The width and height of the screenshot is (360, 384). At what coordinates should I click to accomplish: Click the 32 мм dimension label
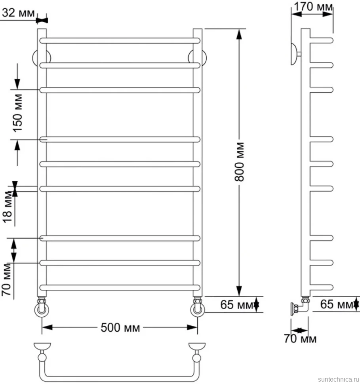(18, 13)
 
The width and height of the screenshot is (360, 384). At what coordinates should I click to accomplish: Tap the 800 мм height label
(240, 162)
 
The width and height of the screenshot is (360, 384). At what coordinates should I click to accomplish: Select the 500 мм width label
(120, 327)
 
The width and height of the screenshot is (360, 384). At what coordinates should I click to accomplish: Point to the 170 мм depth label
(313, 7)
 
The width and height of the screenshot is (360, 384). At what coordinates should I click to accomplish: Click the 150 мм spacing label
(18, 113)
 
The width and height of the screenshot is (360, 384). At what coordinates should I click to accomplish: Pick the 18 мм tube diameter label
(8, 207)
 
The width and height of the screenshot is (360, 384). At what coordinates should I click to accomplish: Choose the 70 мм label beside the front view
(6, 279)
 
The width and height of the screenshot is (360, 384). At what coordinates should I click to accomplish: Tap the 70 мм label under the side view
(300, 339)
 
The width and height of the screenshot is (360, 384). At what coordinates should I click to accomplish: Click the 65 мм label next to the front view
(237, 305)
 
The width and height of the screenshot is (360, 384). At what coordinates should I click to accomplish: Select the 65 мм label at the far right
(337, 304)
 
